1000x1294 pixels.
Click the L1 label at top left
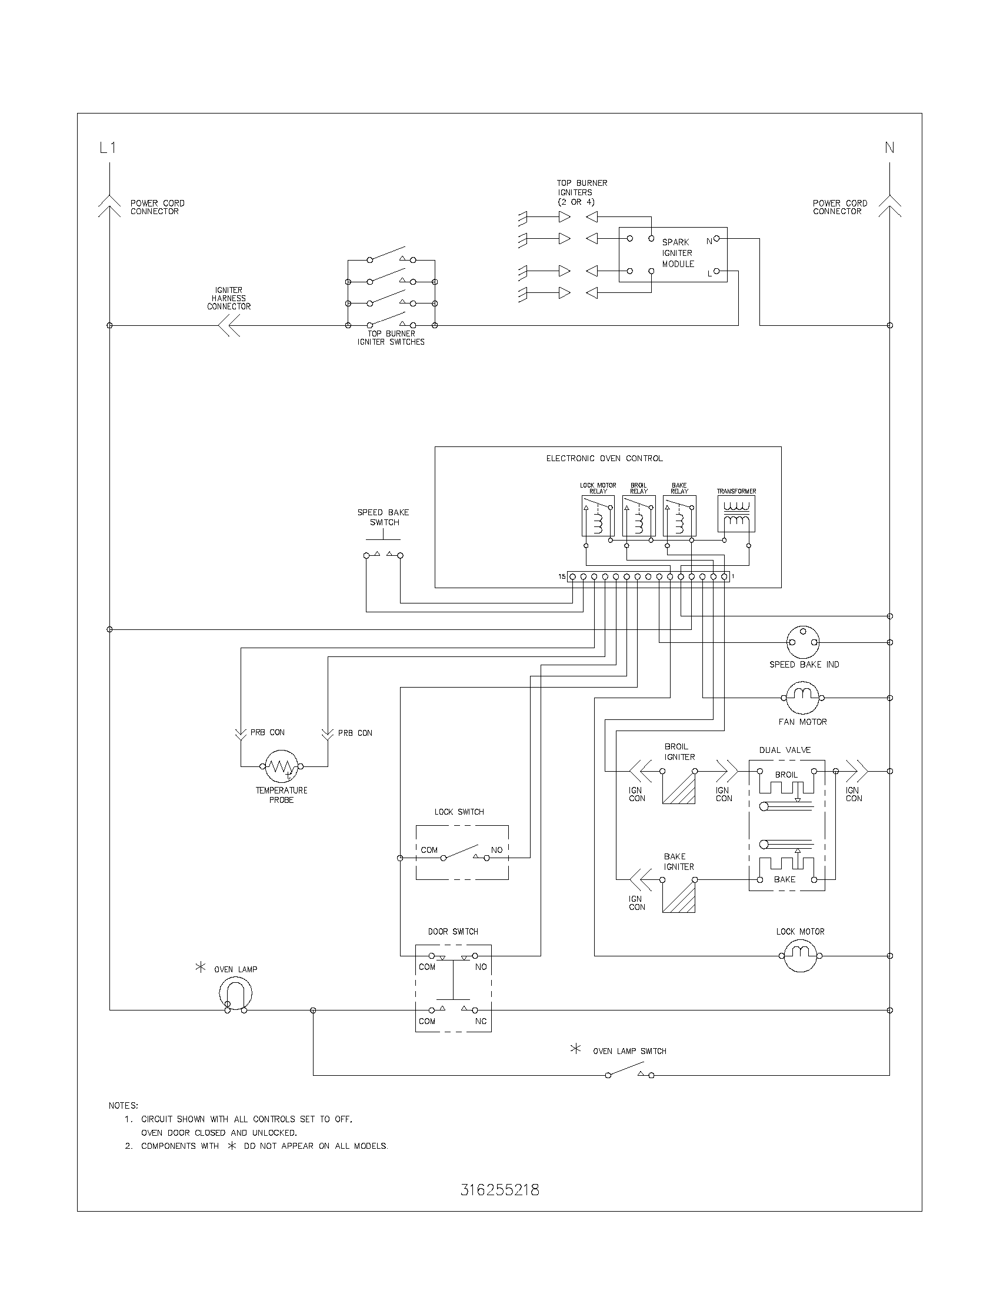pos(108,148)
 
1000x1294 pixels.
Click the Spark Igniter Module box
pos(673,254)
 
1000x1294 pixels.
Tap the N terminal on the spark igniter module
pos(716,239)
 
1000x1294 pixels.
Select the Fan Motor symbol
pos(803,698)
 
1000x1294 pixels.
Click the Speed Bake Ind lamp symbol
pos(803,642)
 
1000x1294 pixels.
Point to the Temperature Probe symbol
pos(281,766)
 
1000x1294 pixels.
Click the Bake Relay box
pos(679,516)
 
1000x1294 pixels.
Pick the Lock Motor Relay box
pos(598,516)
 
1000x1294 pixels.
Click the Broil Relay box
pos(639,516)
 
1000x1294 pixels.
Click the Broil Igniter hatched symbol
pos(679,788)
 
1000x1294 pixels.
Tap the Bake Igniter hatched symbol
pos(679,896)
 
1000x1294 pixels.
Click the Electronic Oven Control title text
pos(604,459)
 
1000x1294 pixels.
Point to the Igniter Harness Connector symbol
pos(228,325)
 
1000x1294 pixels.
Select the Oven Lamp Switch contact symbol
pos(629,1070)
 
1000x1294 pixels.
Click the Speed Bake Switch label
pos(384,517)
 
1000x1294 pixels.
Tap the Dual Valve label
pos(785,750)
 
